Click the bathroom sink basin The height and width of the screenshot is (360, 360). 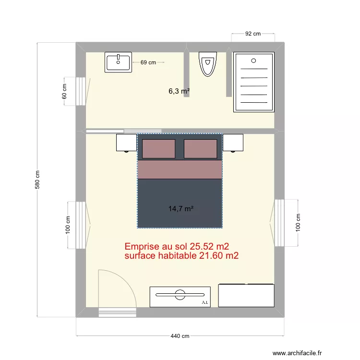[118, 62]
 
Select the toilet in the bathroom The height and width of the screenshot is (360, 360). [207, 64]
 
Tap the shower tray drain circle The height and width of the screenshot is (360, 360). [253, 61]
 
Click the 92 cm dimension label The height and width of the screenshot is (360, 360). [253, 34]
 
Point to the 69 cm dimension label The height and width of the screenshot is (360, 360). [148, 62]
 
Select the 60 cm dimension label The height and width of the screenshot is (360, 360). [64, 91]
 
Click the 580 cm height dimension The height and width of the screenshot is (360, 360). [37, 180]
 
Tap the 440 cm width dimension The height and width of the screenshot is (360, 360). [180, 336]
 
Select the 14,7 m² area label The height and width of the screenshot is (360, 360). [180, 209]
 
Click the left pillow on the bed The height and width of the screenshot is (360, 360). [158, 149]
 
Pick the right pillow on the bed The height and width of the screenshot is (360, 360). [201, 149]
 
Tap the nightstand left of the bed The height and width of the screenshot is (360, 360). [127, 143]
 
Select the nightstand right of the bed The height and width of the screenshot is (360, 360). [233, 143]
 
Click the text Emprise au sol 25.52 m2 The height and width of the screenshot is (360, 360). [177, 246]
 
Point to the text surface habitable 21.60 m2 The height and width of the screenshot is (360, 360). [181, 256]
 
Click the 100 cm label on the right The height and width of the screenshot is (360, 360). [298, 222]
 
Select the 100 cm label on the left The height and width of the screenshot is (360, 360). [68, 225]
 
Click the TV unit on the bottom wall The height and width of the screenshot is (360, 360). [180, 297]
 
